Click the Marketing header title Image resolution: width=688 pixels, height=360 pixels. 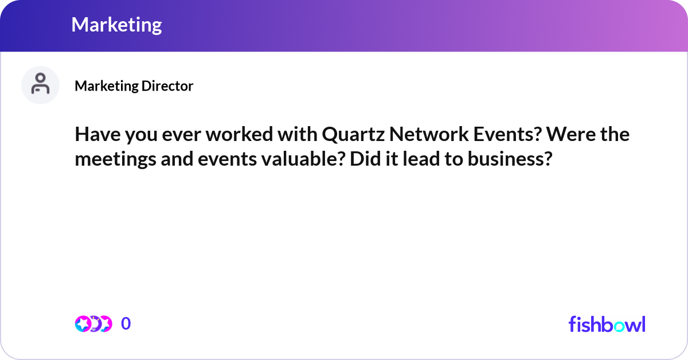pyautogui.click(x=116, y=25)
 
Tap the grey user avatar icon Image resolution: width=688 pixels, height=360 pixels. pyautogui.click(x=40, y=85)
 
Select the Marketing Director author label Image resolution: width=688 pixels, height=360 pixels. pyautogui.click(x=134, y=86)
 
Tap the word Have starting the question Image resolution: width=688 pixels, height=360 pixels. pyautogui.click(x=94, y=134)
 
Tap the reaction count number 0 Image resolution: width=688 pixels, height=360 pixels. pyautogui.click(x=126, y=324)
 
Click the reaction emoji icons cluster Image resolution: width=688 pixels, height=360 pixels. pyautogui.click(x=93, y=324)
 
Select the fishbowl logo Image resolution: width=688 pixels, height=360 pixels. pyautogui.click(x=607, y=324)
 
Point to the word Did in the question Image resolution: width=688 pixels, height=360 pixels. pyautogui.click(x=363, y=159)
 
